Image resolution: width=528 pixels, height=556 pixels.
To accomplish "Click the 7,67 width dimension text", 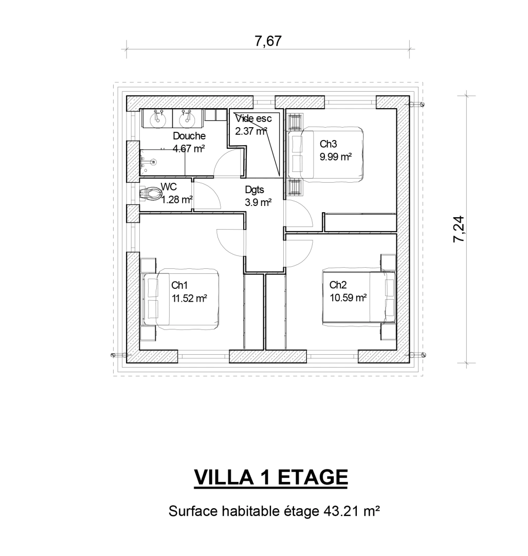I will (268, 41).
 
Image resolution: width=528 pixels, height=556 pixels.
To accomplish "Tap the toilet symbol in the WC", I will (150, 194).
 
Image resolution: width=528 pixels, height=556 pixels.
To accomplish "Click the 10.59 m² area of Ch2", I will (348, 298).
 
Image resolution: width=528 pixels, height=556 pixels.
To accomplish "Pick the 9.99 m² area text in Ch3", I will (336, 157).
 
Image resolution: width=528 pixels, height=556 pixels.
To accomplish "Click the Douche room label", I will (189, 136).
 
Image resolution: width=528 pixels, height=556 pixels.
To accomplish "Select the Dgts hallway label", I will (254, 190).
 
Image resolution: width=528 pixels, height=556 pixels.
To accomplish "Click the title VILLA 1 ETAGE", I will (270, 477).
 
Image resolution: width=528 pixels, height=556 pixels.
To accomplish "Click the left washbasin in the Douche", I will (158, 118).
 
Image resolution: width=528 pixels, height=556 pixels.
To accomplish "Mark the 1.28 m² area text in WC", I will (177, 200).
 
